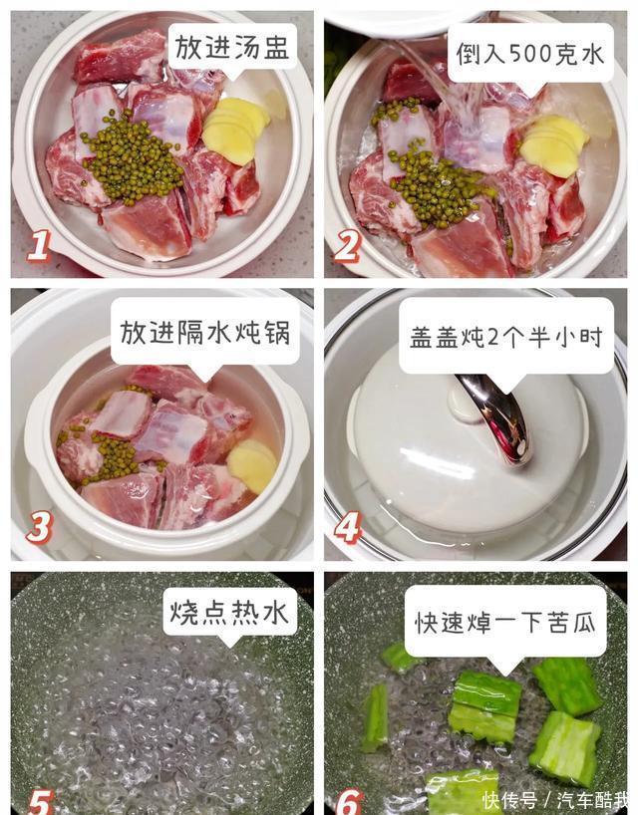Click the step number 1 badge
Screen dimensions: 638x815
click(x=40, y=245)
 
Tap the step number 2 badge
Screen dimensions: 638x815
click(x=347, y=246)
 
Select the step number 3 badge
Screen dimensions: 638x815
click(x=39, y=528)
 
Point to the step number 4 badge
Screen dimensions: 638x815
click(x=347, y=528)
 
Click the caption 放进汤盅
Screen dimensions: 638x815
click(x=232, y=47)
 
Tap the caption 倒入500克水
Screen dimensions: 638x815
click(x=530, y=53)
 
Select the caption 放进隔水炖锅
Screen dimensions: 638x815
click(x=205, y=332)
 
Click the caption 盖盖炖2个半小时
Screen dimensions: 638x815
click(x=506, y=337)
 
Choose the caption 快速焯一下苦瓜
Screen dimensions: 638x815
click(x=504, y=621)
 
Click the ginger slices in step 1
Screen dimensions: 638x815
click(x=236, y=130)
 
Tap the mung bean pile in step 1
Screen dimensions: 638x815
click(x=132, y=157)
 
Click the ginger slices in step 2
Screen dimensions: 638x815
click(x=554, y=146)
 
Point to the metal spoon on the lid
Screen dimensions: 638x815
click(x=497, y=416)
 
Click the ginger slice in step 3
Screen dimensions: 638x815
click(x=252, y=466)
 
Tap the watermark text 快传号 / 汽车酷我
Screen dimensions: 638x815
click(x=555, y=800)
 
